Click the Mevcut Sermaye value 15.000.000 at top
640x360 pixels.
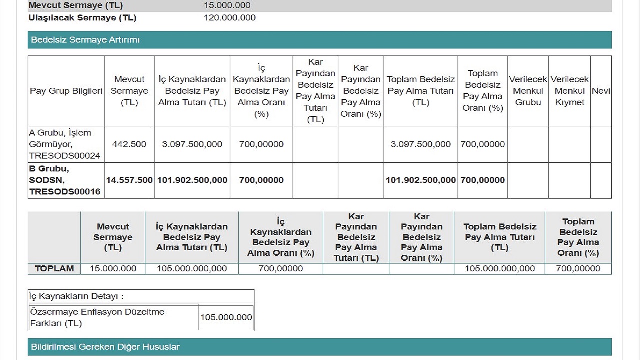coord(227,6)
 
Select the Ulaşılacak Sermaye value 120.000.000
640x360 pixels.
coord(230,18)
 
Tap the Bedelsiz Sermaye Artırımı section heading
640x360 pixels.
coord(85,40)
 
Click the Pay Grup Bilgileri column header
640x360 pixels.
coord(66,91)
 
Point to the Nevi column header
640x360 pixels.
coord(601,91)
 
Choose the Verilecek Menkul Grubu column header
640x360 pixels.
coord(528,91)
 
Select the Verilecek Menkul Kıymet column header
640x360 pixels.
coord(570,91)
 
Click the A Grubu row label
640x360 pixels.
coord(65,144)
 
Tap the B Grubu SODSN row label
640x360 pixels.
coord(65,180)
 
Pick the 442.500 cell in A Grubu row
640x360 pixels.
coord(129,144)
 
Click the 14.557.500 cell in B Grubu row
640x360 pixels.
coord(129,180)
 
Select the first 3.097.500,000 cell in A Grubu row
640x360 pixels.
coord(192,144)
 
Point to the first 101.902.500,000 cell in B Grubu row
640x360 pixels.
coord(192,180)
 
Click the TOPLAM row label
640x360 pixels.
coord(54,269)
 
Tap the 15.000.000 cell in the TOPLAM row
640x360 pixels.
coord(113,269)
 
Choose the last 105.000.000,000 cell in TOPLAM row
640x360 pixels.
coord(500,269)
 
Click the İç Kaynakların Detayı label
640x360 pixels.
coord(76,296)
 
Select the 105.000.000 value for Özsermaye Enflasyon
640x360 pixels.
coord(226,317)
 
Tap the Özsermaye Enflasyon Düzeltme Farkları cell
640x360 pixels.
coord(97,317)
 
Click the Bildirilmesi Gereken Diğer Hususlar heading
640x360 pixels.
coord(105,347)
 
